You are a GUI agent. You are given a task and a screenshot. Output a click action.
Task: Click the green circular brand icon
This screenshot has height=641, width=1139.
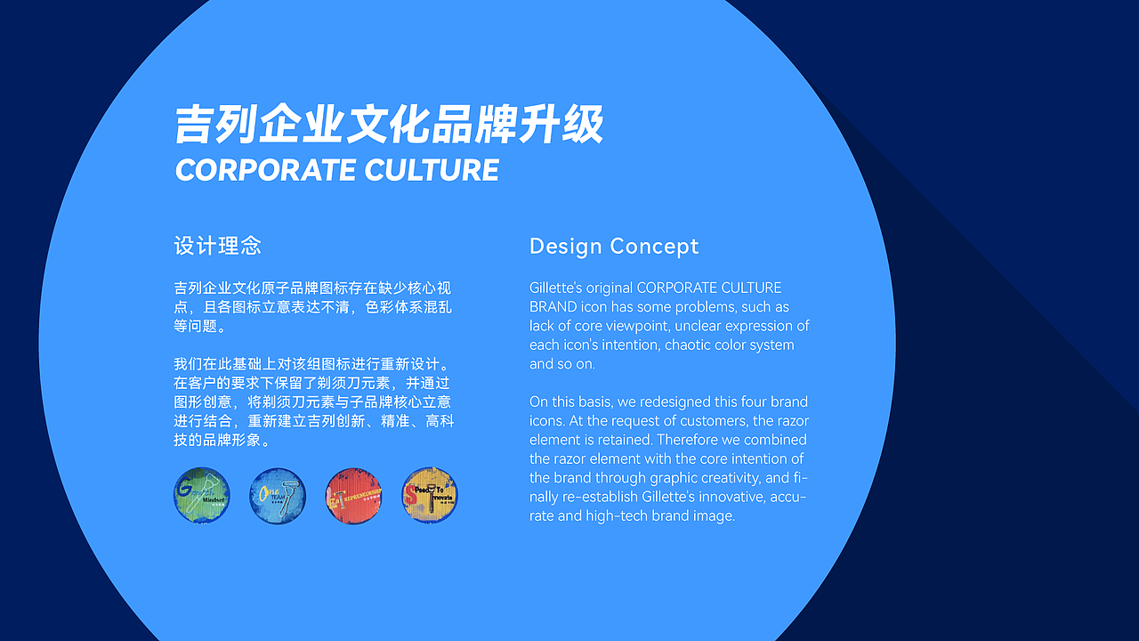click(x=202, y=496)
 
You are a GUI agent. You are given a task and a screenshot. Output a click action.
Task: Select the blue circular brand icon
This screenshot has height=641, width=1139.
click(x=278, y=496)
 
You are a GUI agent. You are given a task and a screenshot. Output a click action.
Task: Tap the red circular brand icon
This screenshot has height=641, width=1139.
click(x=354, y=496)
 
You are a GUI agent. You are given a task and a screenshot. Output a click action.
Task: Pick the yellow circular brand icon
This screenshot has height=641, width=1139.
click(x=430, y=496)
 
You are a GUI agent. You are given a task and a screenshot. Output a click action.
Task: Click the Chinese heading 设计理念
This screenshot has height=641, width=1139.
click(x=218, y=246)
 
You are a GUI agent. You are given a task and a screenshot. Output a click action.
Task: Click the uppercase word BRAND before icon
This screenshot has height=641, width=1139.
click(x=553, y=306)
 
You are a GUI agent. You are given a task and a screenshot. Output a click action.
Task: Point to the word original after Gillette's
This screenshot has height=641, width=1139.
click(x=610, y=288)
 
